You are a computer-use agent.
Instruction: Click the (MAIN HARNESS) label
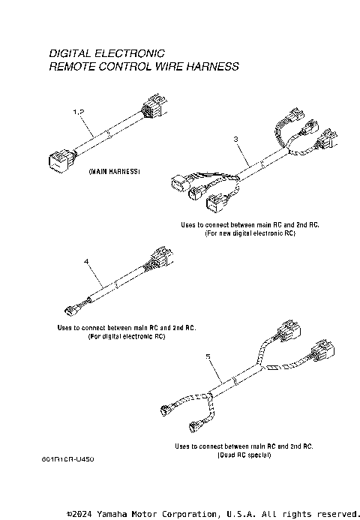click(x=114, y=172)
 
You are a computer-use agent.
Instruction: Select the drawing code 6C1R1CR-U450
click(x=68, y=457)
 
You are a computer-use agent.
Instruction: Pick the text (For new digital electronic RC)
click(x=250, y=233)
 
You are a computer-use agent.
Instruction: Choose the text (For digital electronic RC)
click(x=127, y=337)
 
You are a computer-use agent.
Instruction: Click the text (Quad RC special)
click(x=244, y=455)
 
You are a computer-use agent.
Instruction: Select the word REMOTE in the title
click(x=72, y=67)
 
